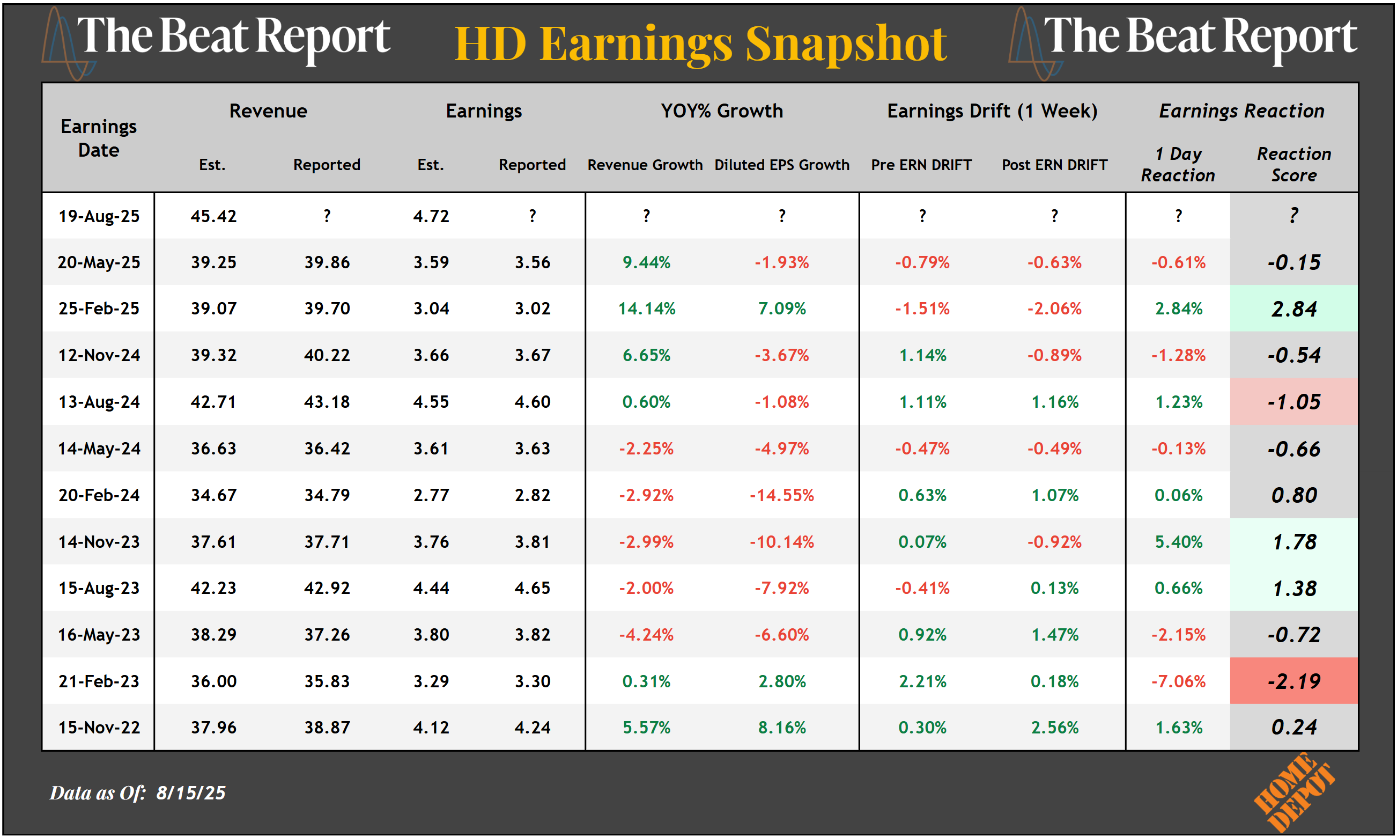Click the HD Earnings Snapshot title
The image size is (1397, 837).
point(700,44)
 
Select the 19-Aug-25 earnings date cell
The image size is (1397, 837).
point(99,216)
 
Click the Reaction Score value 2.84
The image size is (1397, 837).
point(1293,309)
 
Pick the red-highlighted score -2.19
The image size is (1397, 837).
point(1293,681)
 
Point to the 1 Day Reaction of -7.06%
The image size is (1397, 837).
point(1178,681)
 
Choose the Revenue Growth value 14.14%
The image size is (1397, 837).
point(646,309)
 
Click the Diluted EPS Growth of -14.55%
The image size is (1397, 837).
point(781,495)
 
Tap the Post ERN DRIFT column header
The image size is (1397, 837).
point(1054,165)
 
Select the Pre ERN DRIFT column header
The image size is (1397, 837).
point(921,165)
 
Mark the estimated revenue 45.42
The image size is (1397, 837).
point(213,216)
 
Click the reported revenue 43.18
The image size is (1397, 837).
point(327,401)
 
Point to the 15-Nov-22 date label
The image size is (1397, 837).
point(99,728)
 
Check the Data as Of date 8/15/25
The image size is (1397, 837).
point(190,793)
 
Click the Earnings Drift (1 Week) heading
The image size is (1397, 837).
point(992,111)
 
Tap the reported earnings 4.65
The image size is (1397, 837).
point(531,588)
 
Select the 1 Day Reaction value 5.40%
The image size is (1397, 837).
point(1178,542)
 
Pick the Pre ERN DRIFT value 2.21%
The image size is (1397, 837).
point(922,681)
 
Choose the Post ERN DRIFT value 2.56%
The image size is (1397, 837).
point(1054,728)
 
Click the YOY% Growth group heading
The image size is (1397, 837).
point(722,111)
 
